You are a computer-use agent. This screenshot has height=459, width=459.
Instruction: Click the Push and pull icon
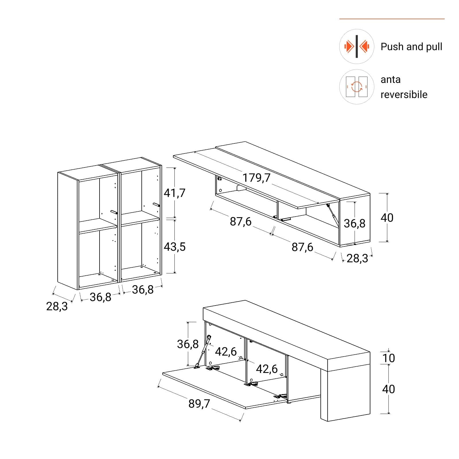[357, 46]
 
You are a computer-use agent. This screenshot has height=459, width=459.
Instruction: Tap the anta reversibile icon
[357, 87]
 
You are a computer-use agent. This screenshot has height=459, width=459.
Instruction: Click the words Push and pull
[411, 46]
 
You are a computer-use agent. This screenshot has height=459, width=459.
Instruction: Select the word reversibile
[404, 94]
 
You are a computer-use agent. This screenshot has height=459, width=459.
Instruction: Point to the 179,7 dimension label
[256, 178]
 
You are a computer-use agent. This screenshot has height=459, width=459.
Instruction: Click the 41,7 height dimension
[174, 193]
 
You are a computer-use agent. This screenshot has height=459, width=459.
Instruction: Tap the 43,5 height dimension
[174, 247]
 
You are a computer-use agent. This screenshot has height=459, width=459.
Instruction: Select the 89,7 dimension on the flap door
[199, 404]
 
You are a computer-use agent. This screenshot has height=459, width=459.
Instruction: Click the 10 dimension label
[388, 358]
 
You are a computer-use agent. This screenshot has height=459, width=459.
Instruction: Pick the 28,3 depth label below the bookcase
[57, 306]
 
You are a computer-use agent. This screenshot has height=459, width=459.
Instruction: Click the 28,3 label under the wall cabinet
[357, 258]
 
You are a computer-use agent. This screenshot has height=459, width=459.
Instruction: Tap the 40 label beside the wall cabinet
[387, 218]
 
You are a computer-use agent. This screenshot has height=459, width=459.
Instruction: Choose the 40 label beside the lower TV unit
[388, 389]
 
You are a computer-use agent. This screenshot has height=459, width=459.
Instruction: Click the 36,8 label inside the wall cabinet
[355, 223]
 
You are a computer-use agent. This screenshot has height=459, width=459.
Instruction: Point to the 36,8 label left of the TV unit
[188, 344]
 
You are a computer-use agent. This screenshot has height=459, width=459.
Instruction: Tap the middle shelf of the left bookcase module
[98, 225]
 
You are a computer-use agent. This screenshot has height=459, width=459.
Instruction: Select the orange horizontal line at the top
[392, 19]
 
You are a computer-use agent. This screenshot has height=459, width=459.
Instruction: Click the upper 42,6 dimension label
[226, 351]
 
